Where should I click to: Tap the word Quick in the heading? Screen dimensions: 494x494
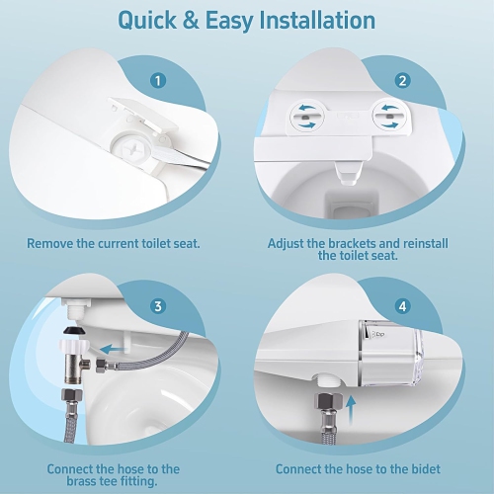tap(153, 20)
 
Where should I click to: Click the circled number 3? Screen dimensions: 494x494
tap(157, 306)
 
